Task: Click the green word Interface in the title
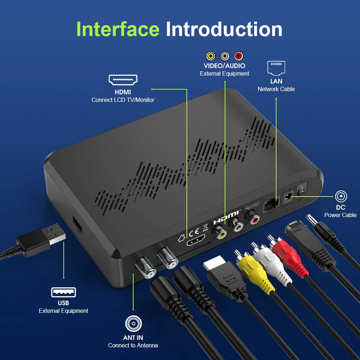click(118, 29)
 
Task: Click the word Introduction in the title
click(224, 29)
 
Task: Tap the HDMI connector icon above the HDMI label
click(123, 80)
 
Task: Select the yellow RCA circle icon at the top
click(211, 56)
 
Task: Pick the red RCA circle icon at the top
click(238, 56)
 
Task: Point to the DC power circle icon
click(341, 197)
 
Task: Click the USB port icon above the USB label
click(63, 292)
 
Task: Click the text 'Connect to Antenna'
click(133, 345)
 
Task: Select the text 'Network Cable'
click(276, 89)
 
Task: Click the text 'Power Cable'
click(340, 215)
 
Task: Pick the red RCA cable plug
click(289, 257)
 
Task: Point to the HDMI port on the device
click(196, 240)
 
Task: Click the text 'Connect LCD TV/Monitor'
click(123, 100)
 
